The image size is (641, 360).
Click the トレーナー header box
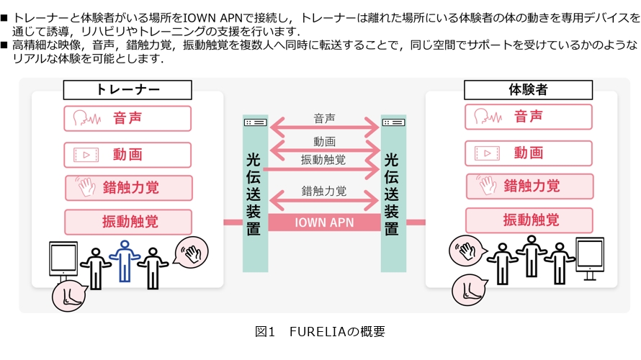pyautogui.click(x=127, y=90)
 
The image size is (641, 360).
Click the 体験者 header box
pyautogui.click(x=528, y=90)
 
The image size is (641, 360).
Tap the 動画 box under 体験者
pyautogui.click(x=528, y=153)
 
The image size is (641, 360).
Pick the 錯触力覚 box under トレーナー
pyautogui.click(x=127, y=188)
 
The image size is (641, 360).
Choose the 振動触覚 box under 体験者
pyautogui.click(x=528, y=220)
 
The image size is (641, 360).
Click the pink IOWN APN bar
pyautogui.click(x=324, y=222)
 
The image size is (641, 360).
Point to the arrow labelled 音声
pyautogui.click(x=324, y=130)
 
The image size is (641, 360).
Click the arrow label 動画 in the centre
pyautogui.click(x=324, y=143)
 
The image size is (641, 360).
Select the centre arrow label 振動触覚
pyautogui.click(x=323, y=160)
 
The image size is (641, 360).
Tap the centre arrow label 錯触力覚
pyautogui.click(x=324, y=191)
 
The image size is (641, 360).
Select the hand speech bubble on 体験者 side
pyautogui.click(x=465, y=251)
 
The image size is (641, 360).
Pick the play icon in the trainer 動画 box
pyautogui.click(x=86, y=154)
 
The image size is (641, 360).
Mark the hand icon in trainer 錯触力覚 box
pyautogui.click(x=87, y=188)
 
